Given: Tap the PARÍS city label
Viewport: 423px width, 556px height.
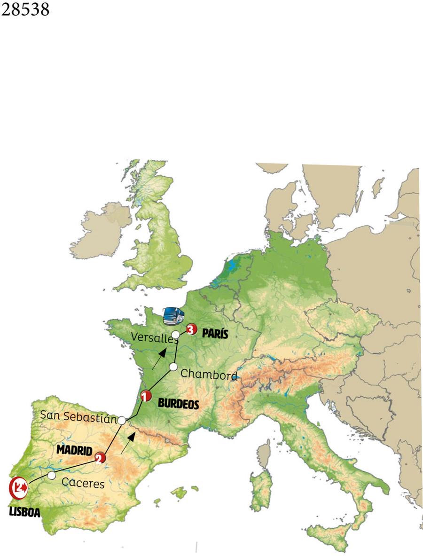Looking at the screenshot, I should point(215,334).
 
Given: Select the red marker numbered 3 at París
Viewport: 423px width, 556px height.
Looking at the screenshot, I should point(190,329).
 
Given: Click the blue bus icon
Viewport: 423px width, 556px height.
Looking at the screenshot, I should point(173,315).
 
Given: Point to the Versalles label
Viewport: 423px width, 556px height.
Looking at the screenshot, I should point(154,337).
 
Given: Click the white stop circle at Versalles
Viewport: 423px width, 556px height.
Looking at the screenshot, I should point(175,334).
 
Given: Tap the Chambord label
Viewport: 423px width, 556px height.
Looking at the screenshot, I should point(209,374).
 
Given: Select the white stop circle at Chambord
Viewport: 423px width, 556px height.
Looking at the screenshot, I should point(173,367).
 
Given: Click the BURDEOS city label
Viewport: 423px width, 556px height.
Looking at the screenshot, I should point(179,403).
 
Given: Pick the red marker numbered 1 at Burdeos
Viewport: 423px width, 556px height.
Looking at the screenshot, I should point(146,396).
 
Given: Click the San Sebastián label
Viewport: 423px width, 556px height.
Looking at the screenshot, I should point(78,415).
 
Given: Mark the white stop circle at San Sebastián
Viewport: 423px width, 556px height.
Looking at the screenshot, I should point(122,420).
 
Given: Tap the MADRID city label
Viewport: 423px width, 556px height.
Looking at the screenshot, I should point(74,450).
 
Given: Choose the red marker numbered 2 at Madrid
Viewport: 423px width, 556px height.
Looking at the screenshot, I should point(100,458).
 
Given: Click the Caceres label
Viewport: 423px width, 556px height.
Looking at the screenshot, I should point(83,483).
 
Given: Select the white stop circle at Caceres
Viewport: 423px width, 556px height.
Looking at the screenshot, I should point(52,476).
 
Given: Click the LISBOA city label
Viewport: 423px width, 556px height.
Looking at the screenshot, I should point(24,512).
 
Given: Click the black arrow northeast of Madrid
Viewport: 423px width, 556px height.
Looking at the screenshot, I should point(128,443).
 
